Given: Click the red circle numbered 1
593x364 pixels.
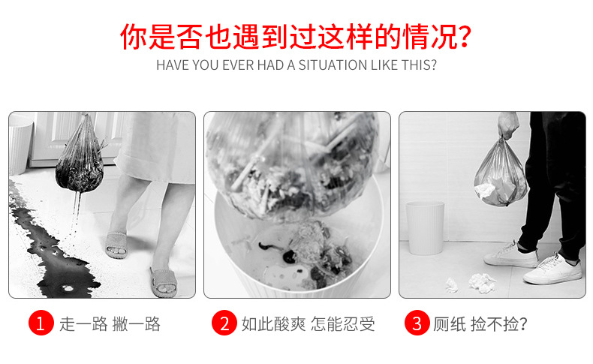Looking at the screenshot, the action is (x=41, y=323).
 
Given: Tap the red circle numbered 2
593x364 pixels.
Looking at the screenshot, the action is (x=224, y=323).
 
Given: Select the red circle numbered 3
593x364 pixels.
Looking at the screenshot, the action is (x=417, y=323).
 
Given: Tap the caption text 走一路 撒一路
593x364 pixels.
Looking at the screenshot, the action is (x=110, y=324).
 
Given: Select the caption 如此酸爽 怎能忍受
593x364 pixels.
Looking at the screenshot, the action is (x=309, y=324).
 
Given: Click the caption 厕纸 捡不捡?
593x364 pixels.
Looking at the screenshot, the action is (x=480, y=324).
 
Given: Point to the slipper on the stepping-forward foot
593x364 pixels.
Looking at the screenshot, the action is (x=116, y=245).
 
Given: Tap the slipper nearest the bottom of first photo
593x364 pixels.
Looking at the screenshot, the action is (x=164, y=281).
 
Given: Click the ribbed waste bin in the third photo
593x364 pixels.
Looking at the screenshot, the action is (x=426, y=228).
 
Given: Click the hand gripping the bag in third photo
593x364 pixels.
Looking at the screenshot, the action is (x=507, y=125).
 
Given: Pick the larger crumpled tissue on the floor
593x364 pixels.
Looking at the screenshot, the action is (x=482, y=283).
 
